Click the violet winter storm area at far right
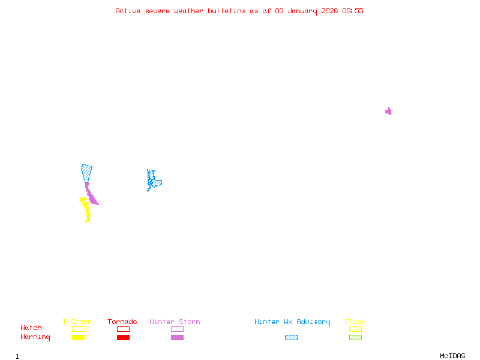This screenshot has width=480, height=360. pyautogui.click(x=388, y=111)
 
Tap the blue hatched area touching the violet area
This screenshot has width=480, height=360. pyautogui.click(x=87, y=172)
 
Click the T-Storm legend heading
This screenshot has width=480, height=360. pyautogui.click(x=77, y=322)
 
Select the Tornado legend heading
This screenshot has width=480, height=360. pyautogui.click(x=122, y=322)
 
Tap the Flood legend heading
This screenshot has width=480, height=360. pyautogui.click(x=355, y=322)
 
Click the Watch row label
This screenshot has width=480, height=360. pyautogui.click(x=31, y=328)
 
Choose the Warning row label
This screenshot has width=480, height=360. pyautogui.click(x=35, y=337)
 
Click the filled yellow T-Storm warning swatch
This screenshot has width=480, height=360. pyautogui.click(x=78, y=338)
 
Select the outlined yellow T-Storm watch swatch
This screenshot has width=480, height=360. pyautogui.click(x=78, y=329)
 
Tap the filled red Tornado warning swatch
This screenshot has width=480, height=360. pyautogui.click(x=123, y=338)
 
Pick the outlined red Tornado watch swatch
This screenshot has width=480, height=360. pyautogui.click(x=123, y=329)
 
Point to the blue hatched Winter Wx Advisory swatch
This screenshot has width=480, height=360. pyautogui.click(x=291, y=338)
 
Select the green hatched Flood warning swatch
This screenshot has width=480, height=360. pyautogui.click(x=355, y=338)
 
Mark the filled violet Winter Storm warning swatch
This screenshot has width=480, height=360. pyautogui.click(x=177, y=338)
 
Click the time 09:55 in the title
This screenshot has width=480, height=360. pyautogui.click(x=353, y=11)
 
